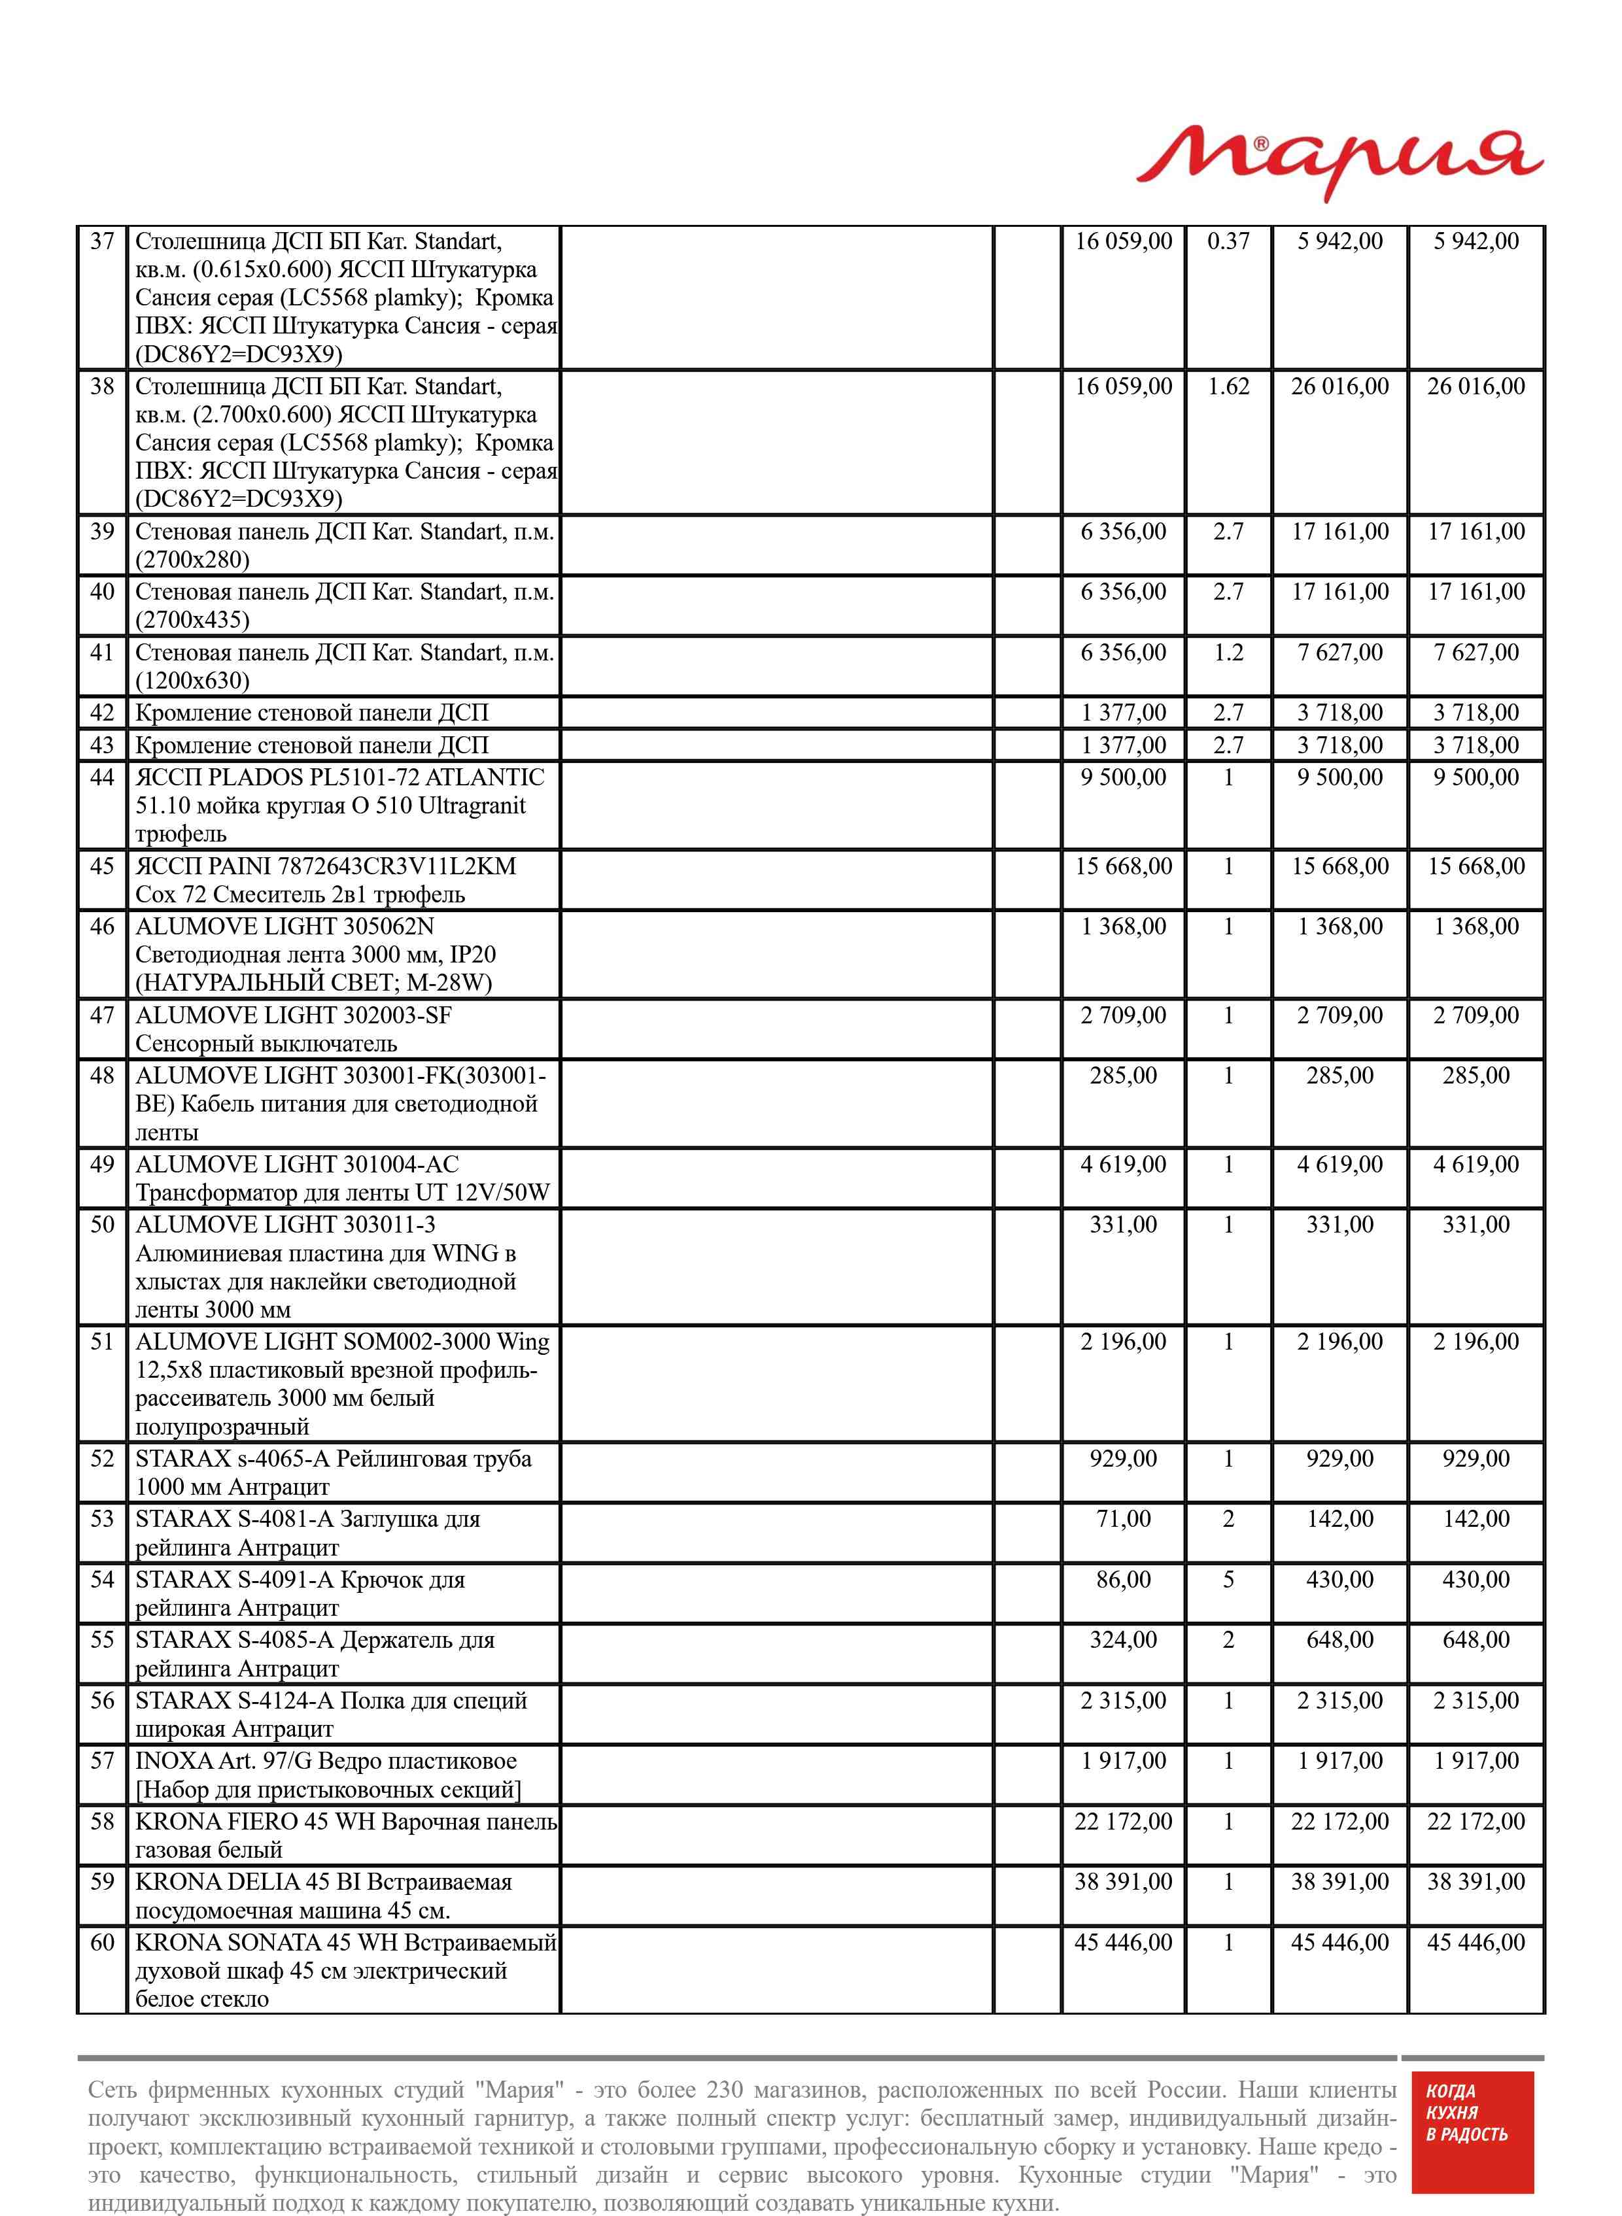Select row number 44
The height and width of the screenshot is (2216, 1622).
tap(102, 777)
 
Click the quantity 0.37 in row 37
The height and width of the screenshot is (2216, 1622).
tap(1228, 241)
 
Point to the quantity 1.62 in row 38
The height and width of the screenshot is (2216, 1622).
tap(1228, 386)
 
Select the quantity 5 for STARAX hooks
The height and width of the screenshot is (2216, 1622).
tap(1228, 1579)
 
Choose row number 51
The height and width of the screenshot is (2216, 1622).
tap(102, 1342)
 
